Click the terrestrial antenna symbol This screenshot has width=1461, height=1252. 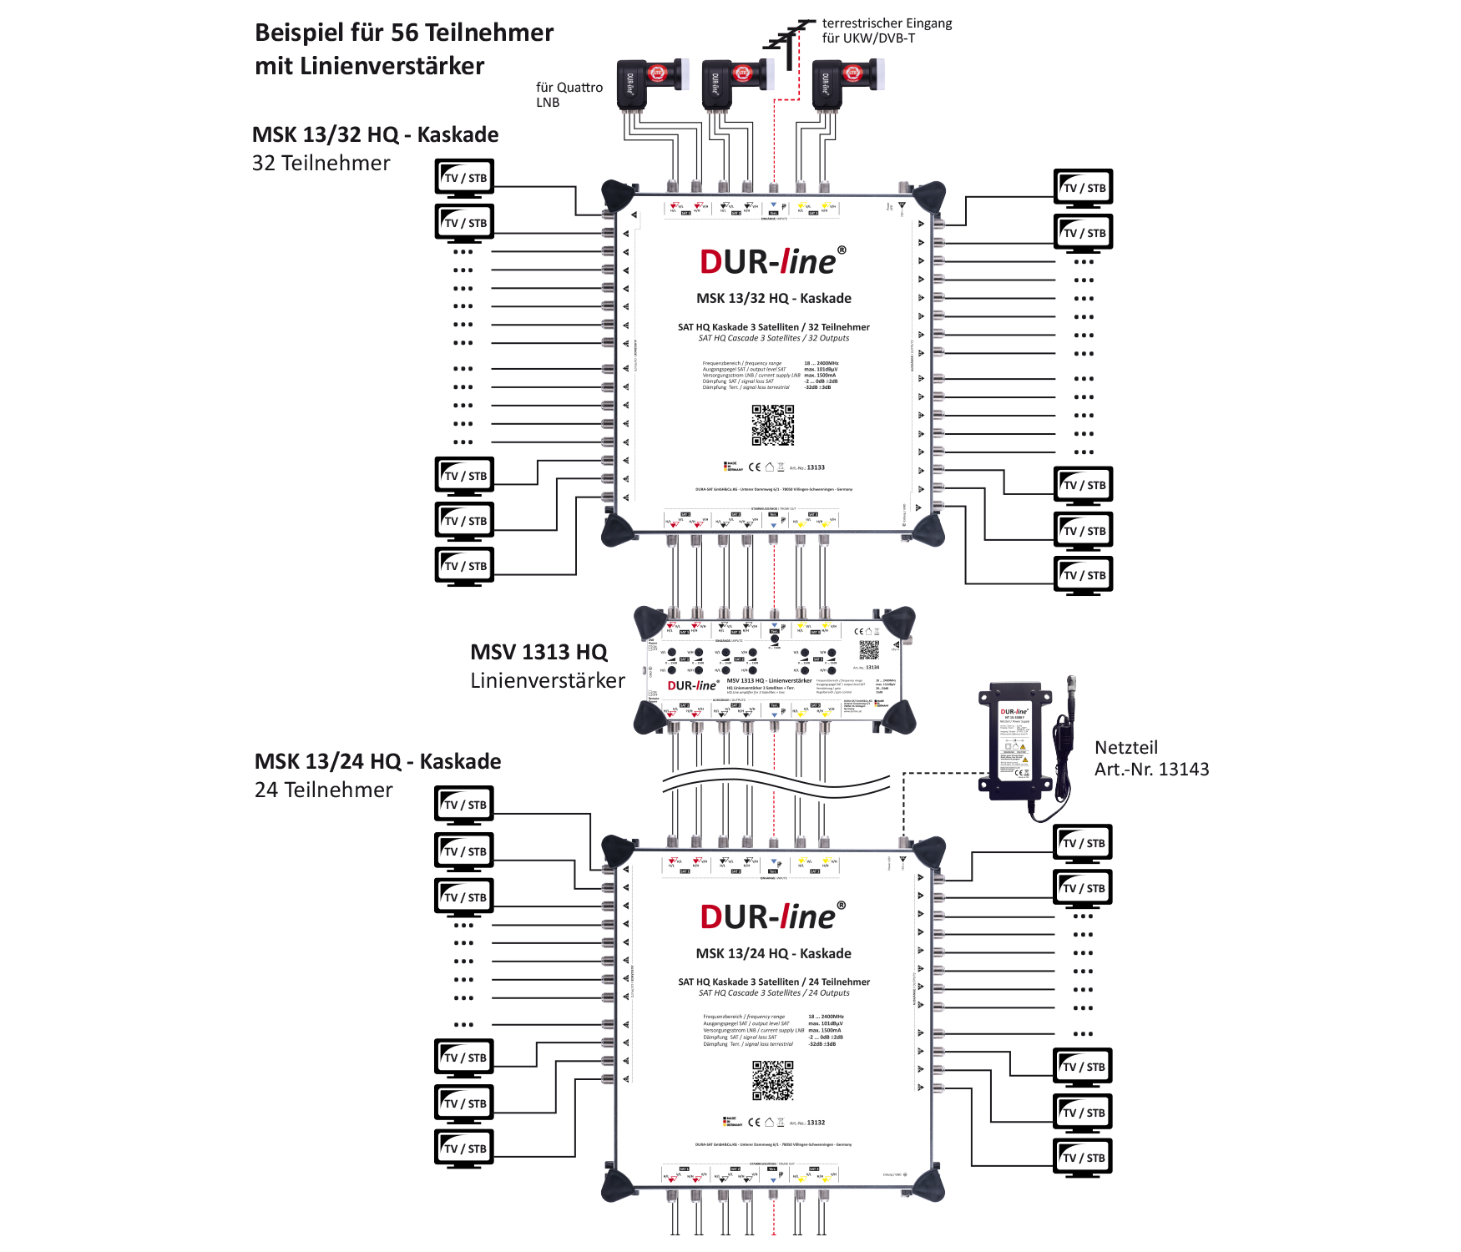pyautogui.click(x=788, y=38)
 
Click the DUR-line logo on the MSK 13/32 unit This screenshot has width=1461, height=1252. pyautogui.click(x=772, y=261)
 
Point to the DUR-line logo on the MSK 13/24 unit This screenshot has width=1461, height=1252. pyautogui.click(x=772, y=916)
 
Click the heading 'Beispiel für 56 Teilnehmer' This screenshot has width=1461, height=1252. pyautogui.click(x=404, y=33)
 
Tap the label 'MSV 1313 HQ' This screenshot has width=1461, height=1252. pyautogui.click(x=538, y=652)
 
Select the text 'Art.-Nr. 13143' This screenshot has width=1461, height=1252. pyautogui.click(x=1151, y=770)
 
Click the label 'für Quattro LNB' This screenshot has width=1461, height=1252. pyautogui.click(x=569, y=94)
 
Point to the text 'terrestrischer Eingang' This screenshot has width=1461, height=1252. pyautogui.click(x=887, y=23)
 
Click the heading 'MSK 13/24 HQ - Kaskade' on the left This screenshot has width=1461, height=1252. pyautogui.click(x=377, y=761)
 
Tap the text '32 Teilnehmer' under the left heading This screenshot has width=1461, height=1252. pyautogui.click(x=321, y=163)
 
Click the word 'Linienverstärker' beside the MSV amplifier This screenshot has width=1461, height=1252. pyautogui.click(x=547, y=680)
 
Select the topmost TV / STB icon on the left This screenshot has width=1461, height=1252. pyautogui.click(x=464, y=178)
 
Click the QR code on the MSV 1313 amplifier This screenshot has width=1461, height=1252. pyautogui.click(x=869, y=649)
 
